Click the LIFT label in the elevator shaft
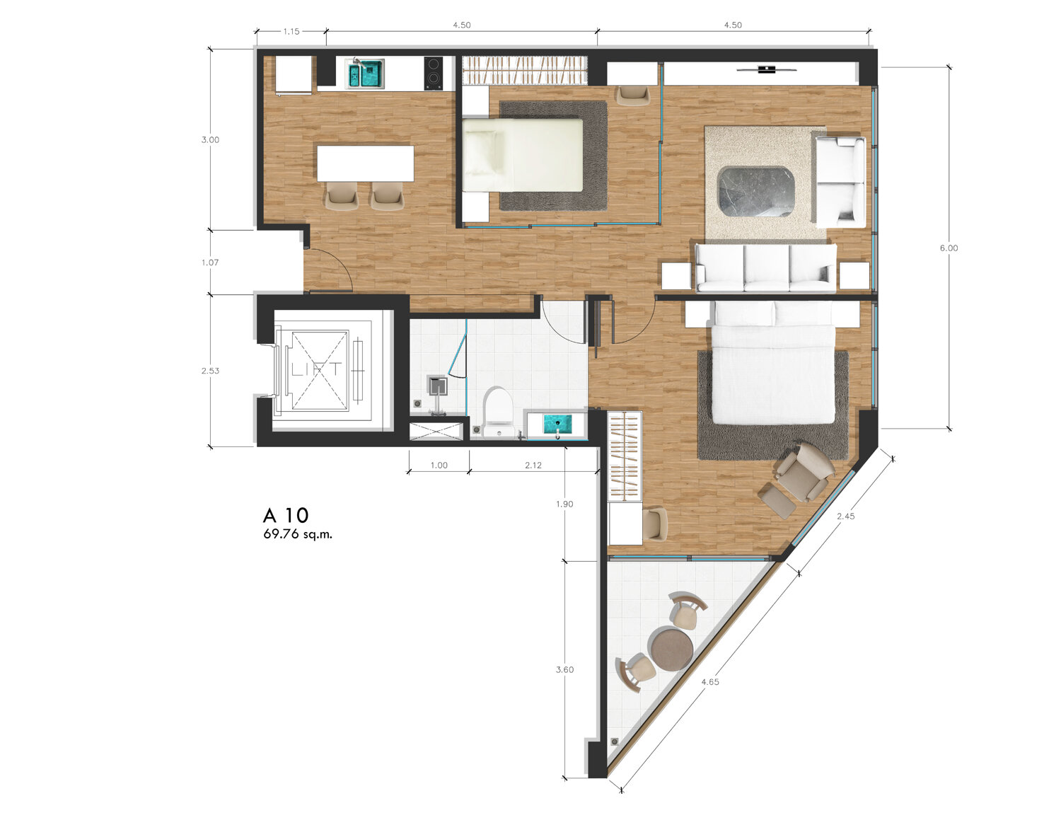click(317, 370)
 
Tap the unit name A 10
click(286, 516)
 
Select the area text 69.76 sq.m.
click(298, 534)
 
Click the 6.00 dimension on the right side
click(949, 248)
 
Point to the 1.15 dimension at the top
click(291, 32)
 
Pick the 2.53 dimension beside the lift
click(210, 371)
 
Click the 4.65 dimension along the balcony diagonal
click(710, 682)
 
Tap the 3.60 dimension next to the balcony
click(564, 669)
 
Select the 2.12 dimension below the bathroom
click(533, 466)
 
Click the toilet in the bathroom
click(498, 411)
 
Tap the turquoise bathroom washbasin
click(557, 424)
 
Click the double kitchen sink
click(366, 74)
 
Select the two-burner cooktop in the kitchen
click(434, 74)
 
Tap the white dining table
click(365, 163)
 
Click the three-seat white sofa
click(765, 267)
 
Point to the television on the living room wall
click(767, 69)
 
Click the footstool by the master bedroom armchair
click(778, 501)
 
